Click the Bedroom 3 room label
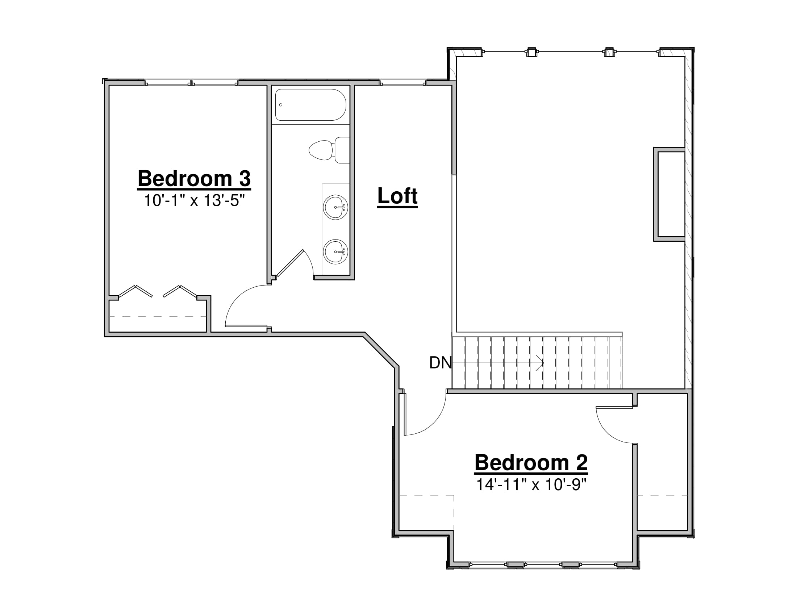pyautogui.click(x=194, y=178)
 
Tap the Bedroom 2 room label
pyautogui.click(x=531, y=463)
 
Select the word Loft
pyautogui.click(x=397, y=196)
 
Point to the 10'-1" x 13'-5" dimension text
pyautogui.click(x=194, y=200)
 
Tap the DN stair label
pyautogui.click(x=441, y=363)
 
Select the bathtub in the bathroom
pyautogui.click(x=310, y=105)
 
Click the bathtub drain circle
pyautogui.click(x=281, y=105)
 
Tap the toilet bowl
pyautogui.click(x=321, y=150)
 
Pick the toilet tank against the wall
pyautogui.click(x=342, y=150)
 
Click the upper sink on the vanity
pyautogui.click(x=335, y=207)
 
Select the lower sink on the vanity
pyautogui.click(x=335, y=251)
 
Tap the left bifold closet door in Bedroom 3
pyautogui.click(x=135, y=291)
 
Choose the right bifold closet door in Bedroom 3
pyautogui.click(x=180, y=291)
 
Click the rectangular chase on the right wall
pyautogui.click(x=669, y=194)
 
